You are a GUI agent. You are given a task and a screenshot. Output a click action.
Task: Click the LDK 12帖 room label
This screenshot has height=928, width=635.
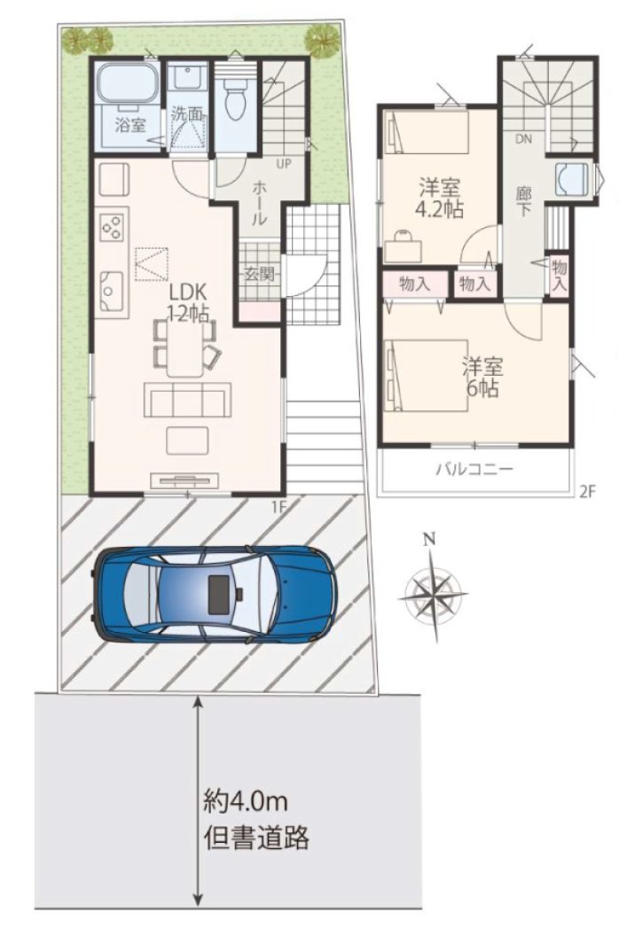[x=188, y=302]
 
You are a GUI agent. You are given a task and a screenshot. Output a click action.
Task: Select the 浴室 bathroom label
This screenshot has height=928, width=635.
[x=130, y=126]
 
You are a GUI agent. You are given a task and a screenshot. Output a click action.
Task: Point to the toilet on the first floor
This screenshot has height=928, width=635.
[x=235, y=97]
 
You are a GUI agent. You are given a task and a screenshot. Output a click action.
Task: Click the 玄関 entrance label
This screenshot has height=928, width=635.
[x=259, y=275]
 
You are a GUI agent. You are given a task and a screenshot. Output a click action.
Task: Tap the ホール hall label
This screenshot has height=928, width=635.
[x=259, y=203]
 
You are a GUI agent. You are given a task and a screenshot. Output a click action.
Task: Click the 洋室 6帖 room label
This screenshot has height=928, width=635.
[x=482, y=378]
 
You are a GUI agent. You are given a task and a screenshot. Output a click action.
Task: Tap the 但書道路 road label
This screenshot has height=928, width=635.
[x=256, y=838]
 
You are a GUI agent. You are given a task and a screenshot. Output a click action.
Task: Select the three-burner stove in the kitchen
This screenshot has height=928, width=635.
[x=112, y=226]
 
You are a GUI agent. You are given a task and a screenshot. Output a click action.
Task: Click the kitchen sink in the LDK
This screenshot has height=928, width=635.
[x=111, y=291]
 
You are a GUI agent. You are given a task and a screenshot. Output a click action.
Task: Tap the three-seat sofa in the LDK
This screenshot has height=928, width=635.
[x=188, y=400]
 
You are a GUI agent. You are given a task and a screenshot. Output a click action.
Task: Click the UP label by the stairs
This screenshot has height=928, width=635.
[x=284, y=163]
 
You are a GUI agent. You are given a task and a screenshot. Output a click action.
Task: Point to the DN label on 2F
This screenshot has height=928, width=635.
[x=523, y=140]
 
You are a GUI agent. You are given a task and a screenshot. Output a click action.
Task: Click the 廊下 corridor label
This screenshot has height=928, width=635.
[x=522, y=201]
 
